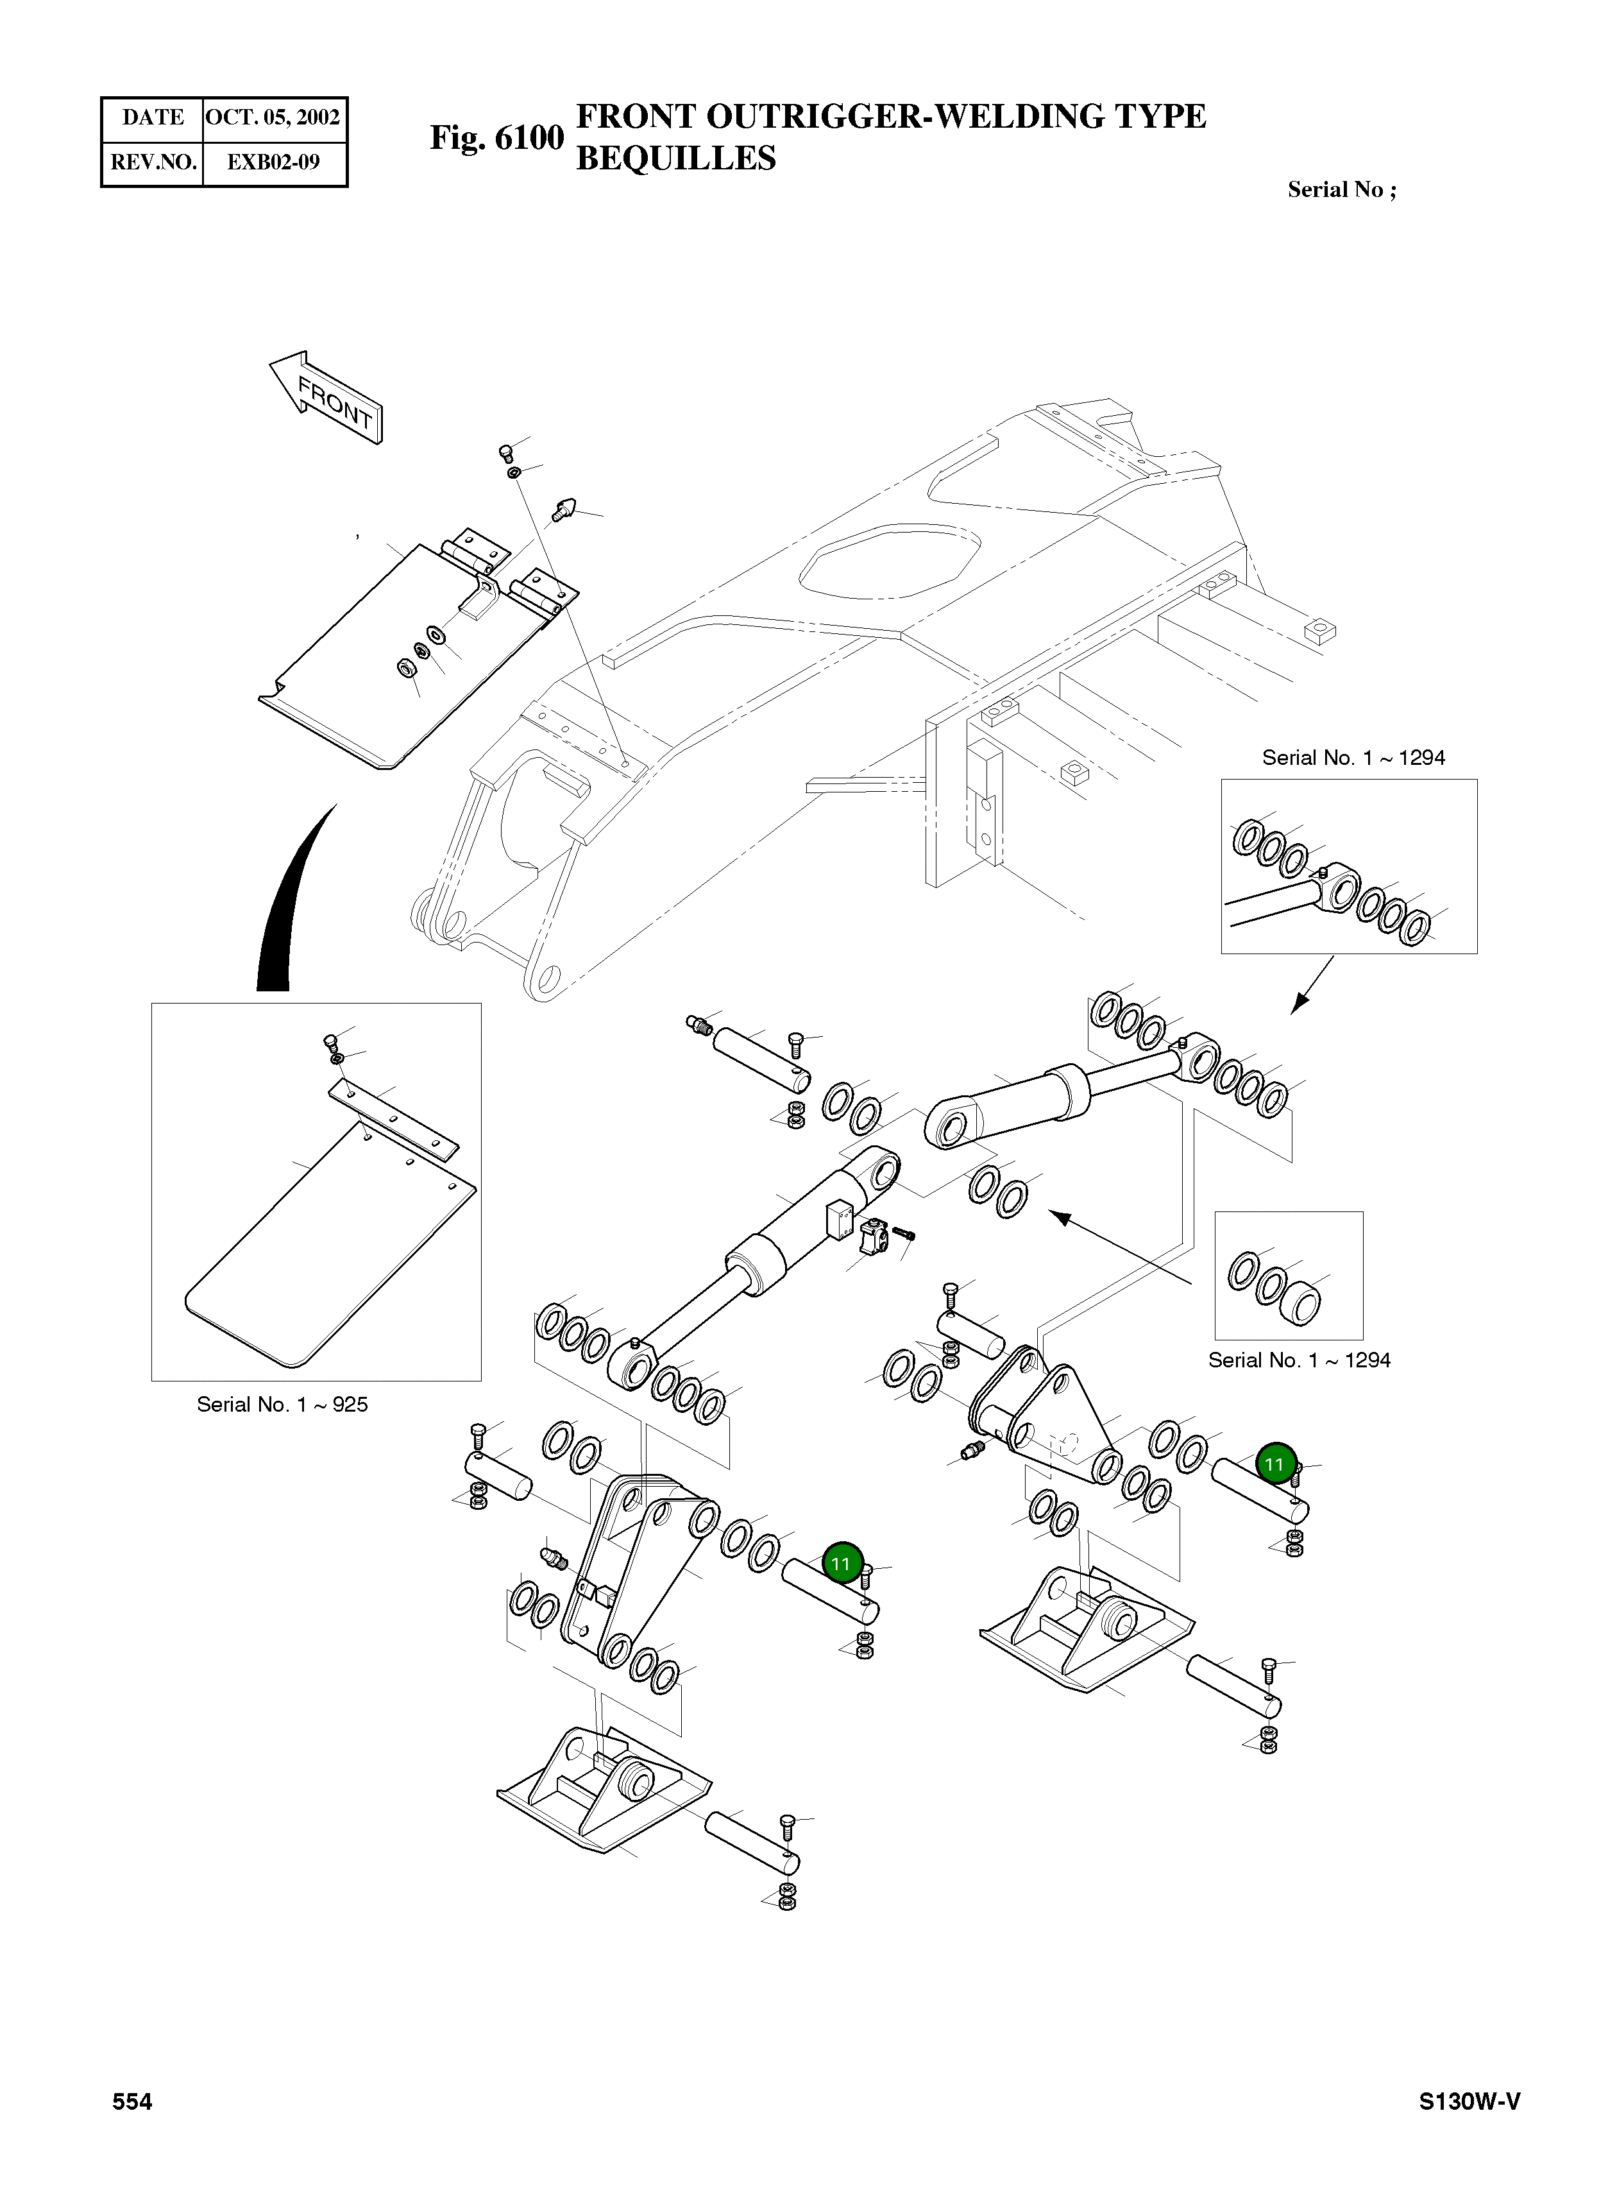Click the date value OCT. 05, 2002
(x=273, y=117)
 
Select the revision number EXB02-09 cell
(x=273, y=162)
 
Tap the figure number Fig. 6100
(x=497, y=138)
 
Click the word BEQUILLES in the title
(x=675, y=158)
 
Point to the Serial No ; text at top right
(x=1341, y=190)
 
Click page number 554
(x=132, y=2101)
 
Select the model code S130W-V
(x=1469, y=2101)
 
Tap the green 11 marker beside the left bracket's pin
(x=842, y=1564)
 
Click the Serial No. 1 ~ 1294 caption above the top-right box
(x=1353, y=757)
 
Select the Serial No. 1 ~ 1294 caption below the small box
(x=1299, y=1360)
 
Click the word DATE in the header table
(x=153, y=117)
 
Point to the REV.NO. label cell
(x=153, y=162)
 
